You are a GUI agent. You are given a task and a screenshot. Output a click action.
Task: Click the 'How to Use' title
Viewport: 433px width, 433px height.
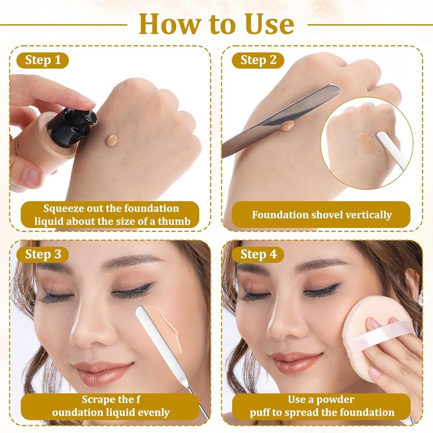tap(216, 24)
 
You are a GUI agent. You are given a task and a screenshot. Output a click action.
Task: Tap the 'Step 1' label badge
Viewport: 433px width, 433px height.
tap(43, 60)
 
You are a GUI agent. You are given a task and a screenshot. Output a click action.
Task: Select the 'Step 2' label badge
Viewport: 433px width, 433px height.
tap(258, 60)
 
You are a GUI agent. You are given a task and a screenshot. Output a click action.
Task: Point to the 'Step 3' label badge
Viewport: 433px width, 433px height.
tap(43, 254)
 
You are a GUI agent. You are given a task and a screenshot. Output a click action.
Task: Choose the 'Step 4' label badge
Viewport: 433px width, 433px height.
tap(258, 254)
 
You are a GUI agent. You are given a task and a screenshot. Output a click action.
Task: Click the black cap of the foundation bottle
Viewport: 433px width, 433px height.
tap(73, 126)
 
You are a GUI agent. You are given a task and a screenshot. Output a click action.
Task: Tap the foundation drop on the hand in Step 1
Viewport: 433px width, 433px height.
tap(111, 140)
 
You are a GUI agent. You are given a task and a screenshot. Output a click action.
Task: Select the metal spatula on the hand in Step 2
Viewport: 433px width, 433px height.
tap(280, 120)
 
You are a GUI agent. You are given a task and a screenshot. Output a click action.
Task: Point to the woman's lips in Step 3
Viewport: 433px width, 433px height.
tap(102, 370)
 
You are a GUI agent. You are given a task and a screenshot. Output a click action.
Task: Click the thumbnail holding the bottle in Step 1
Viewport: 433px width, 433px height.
tap(32, 177)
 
